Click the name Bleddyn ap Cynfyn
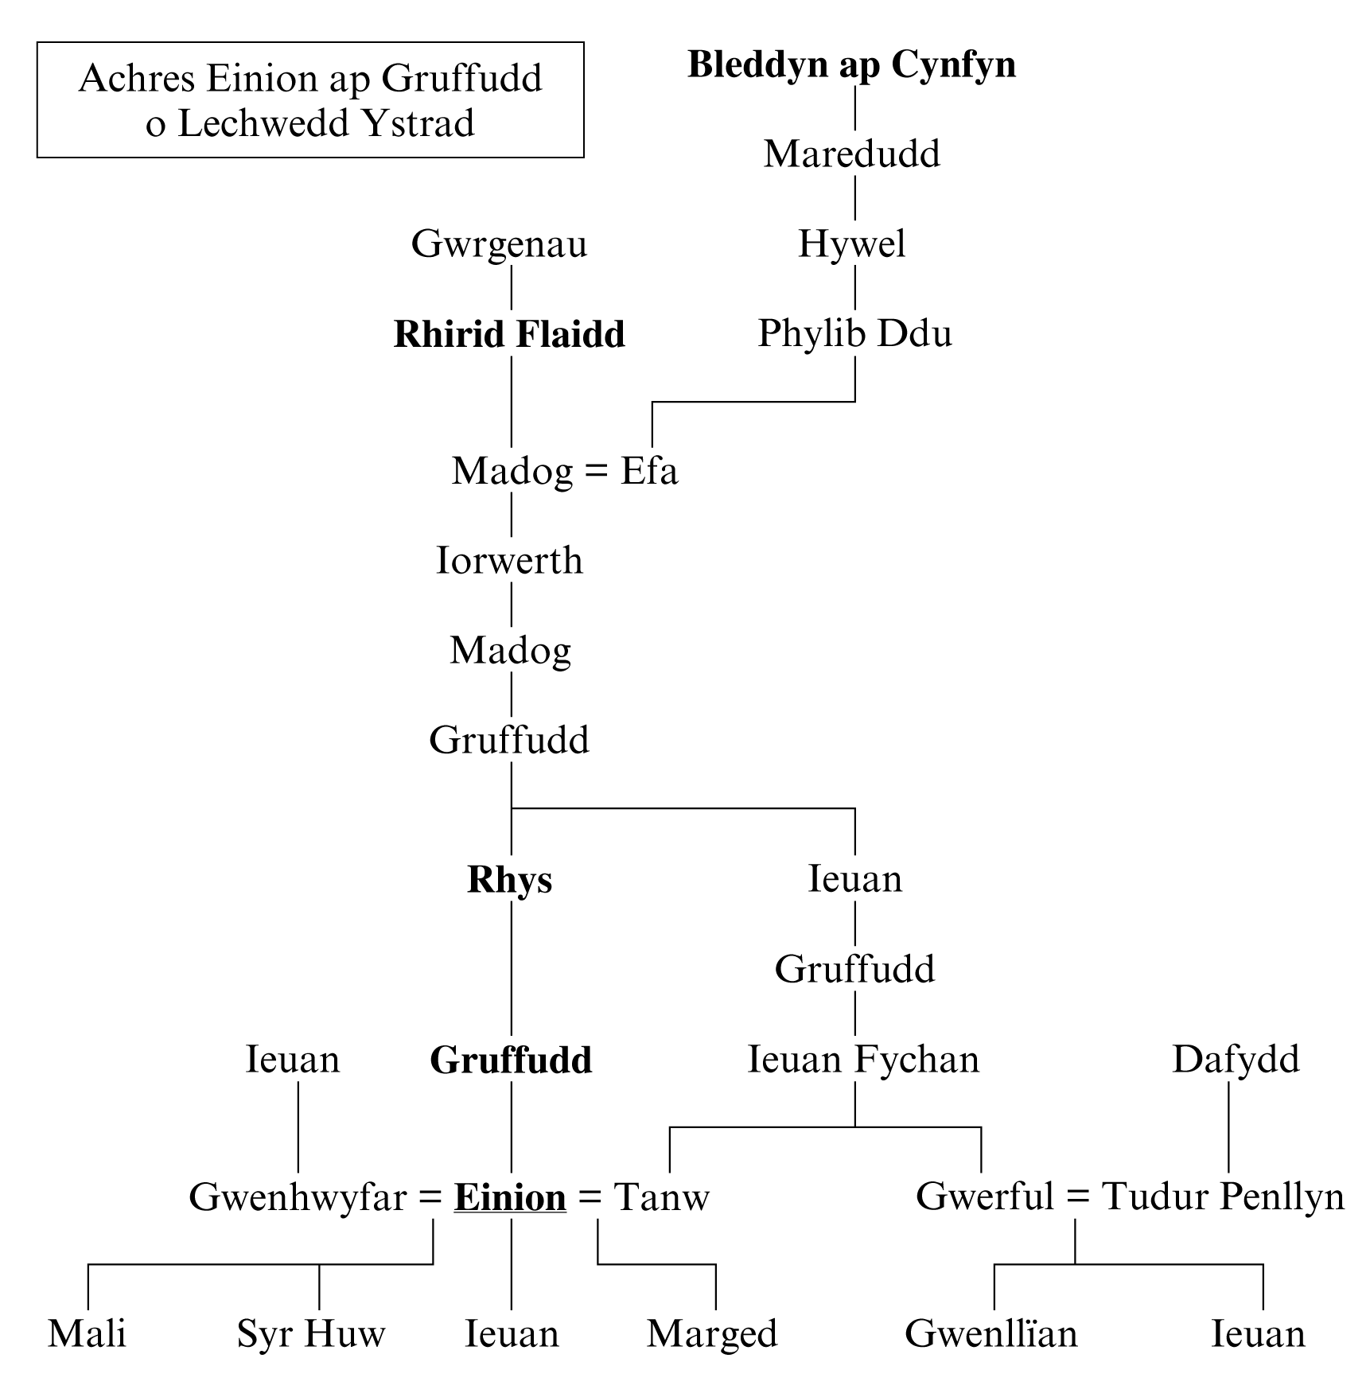(851, 65)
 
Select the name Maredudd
(851, 154)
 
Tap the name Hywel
(851, 244)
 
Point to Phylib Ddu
(854, 334)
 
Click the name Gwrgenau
(499, 244)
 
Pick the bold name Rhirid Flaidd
(509, 335)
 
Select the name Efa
(649, 471)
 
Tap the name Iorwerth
(509, 561)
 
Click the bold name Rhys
(509, 880)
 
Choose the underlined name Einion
(510, 1197)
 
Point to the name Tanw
(661, 1197)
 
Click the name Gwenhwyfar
(298, 1197)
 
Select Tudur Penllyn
(1223, 1197)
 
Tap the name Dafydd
(1236, 1060)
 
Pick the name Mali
(87, 1334)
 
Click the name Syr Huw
(311, 1334)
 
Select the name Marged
(712, 1335)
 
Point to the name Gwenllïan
(991, 1334)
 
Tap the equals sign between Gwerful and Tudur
(1077, 1197)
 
